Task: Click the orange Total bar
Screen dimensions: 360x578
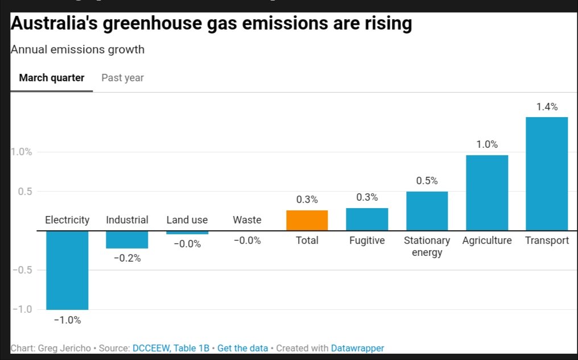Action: (x=307, y=220)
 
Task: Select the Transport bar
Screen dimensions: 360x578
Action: (x=546, y=173)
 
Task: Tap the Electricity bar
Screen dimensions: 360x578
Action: (x=67, y=270)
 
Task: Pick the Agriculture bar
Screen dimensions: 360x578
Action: (x=486, y=193)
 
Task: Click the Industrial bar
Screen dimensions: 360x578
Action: (x=127, y=239)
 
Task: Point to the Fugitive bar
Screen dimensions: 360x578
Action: (x=367, y=219)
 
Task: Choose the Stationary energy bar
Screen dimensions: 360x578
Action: (x=427, y=211)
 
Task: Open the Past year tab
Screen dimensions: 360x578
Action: (x=122, y=78)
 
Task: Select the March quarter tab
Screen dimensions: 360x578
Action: (x=52, y=78)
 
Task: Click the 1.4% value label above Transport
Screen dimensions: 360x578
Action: (x=547, y=107)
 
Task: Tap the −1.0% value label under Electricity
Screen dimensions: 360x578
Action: (x=67, y=320)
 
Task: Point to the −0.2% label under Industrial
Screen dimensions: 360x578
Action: (x=127, y=258)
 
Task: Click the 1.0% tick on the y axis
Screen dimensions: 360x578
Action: (x=21, y=152)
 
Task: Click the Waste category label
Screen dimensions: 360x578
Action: (x=247, y=220)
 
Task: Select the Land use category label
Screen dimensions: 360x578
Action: (x=187, y=220)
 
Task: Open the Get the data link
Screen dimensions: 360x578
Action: (x=242, y=348)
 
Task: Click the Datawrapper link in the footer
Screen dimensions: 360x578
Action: (x=358, y=348)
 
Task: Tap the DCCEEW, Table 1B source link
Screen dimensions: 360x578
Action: (x=171, y=348)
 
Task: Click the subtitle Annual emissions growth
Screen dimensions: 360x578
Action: (x=77, y=49)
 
